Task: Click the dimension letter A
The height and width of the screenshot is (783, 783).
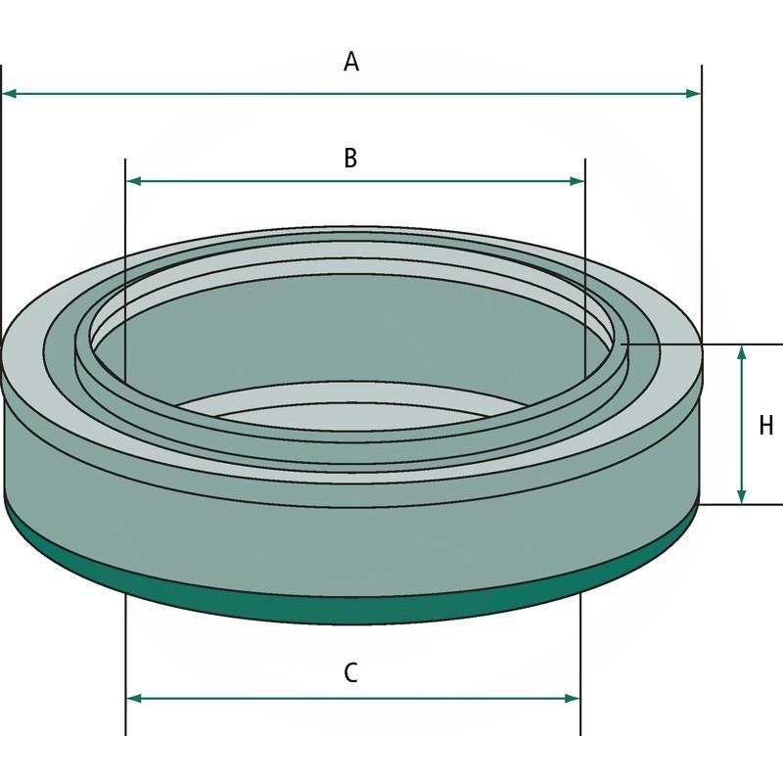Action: pos(351,63)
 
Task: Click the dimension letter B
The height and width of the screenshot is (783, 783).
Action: pos(350,157)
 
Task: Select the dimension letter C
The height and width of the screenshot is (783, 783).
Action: pos(350,672)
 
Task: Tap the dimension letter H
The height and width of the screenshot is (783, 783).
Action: pos(766,426)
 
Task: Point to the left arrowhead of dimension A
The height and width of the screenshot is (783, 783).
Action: pos(10,94)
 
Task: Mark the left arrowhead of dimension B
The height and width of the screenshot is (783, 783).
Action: pos(135,181)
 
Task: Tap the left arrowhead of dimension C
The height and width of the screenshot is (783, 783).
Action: pos(135,698)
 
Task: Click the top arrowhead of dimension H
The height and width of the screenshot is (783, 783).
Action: pos(743,352)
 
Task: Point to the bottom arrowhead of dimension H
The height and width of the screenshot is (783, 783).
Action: pos(743,496)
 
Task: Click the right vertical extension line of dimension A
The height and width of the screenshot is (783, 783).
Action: pos(702,196)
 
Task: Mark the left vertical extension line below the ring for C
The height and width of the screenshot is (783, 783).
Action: pos(126,666)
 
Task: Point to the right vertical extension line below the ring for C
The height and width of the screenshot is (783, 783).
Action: pos(580,666)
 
